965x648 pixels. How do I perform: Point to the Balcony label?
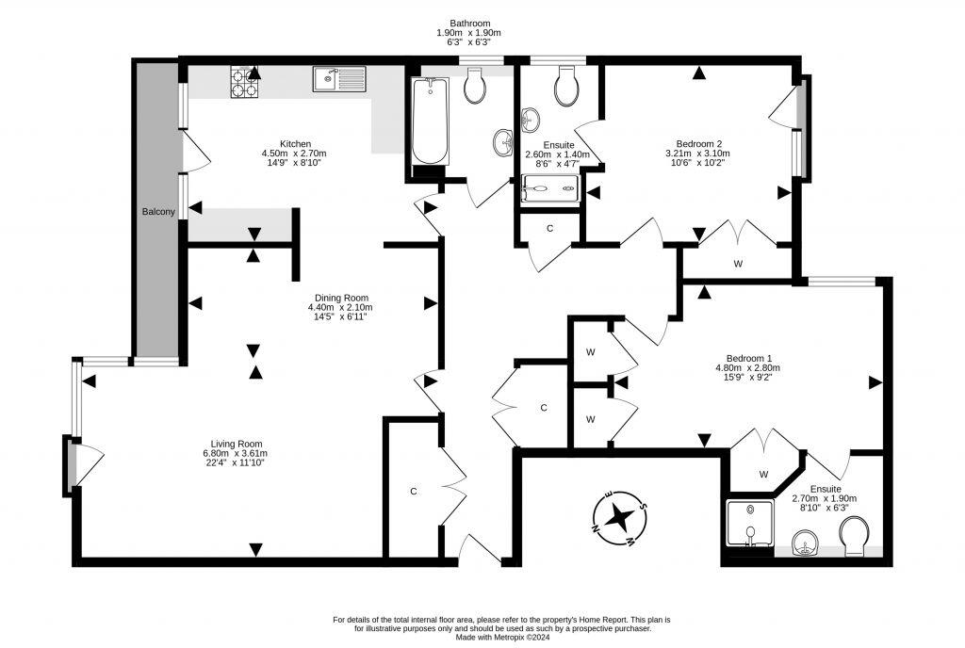click(158, 212)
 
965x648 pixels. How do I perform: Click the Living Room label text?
click(236, 444)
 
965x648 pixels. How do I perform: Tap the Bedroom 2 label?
click(698, 143)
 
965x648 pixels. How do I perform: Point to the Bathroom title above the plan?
click(469, 24)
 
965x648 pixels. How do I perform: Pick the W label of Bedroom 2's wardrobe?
click(738, 264)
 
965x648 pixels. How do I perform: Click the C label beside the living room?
click(413, 491)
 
